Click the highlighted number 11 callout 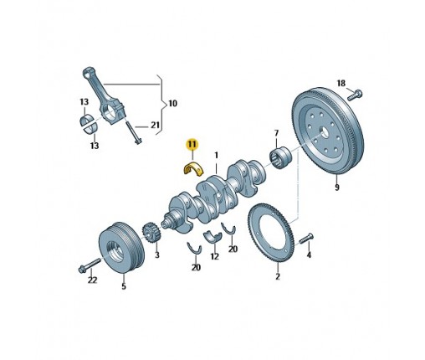tap(192, 144)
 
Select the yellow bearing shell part tap(193, 168)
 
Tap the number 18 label tap(341, 83)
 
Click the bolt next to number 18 tap(355, 95)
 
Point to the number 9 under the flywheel tap(337, 187)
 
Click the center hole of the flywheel tap(324, 131)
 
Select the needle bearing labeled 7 tap(281, 157)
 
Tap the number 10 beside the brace tap(172, 104)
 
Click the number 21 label tap(155, 126)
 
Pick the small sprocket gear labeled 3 tap(151, 234)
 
